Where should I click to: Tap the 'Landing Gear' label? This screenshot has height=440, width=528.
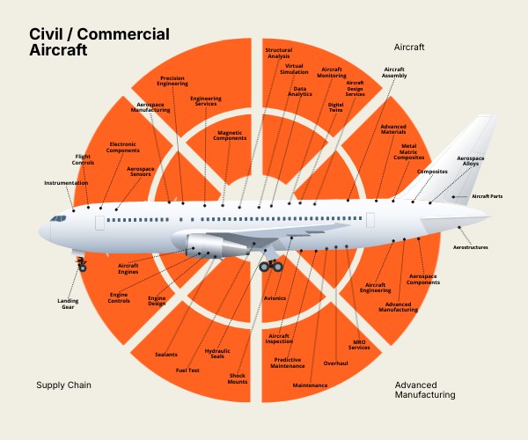tap(69, 304)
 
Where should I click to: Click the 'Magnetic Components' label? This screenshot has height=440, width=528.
tap(231, 136)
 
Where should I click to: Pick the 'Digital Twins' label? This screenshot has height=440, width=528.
tap(335, 108)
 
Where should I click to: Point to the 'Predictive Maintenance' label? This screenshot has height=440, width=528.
tap(288, 363)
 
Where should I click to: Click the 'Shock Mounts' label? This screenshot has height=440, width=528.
tap(238, 379)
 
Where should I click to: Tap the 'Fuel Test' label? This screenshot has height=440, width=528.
tap(187, 370)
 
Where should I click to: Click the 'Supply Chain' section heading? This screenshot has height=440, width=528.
tap(63, 385)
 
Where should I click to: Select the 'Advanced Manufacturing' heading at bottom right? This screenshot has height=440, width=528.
tap(425, 390)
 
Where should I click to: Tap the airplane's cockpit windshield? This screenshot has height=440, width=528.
tap(59, 217)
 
